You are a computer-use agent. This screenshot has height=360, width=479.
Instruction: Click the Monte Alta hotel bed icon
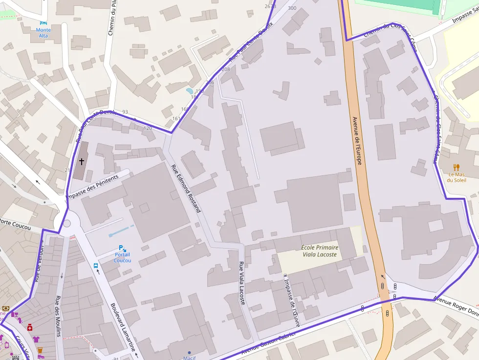tap(44, 22)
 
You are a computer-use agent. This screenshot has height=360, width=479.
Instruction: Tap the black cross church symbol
tap(81, 161)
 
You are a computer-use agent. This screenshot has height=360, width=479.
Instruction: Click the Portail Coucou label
tap(122, 257)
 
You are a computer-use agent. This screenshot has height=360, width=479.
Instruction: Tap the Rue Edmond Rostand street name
tap(186, 188)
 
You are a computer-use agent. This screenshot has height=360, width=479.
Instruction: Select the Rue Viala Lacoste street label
tap(241, 283)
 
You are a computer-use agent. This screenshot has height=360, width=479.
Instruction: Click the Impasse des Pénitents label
tap(92, 187)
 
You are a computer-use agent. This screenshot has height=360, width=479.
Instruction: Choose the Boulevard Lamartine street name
tap(123, 327)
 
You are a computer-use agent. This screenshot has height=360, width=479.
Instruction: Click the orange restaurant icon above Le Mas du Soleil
tap(457, 167)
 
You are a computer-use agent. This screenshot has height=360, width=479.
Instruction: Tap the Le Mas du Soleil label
tap(457, 177)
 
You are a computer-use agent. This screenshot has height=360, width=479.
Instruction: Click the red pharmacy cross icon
tap(30, 327)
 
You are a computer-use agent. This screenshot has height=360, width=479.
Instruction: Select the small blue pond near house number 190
tap(190, 90)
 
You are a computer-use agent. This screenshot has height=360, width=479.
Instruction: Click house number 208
tap(225, 69)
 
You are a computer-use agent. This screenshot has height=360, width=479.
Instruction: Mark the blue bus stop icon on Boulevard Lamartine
tap(96, 266)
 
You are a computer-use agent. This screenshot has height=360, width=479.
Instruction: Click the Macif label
tap(189, 358)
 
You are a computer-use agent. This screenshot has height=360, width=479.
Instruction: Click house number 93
tap(125, 112)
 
